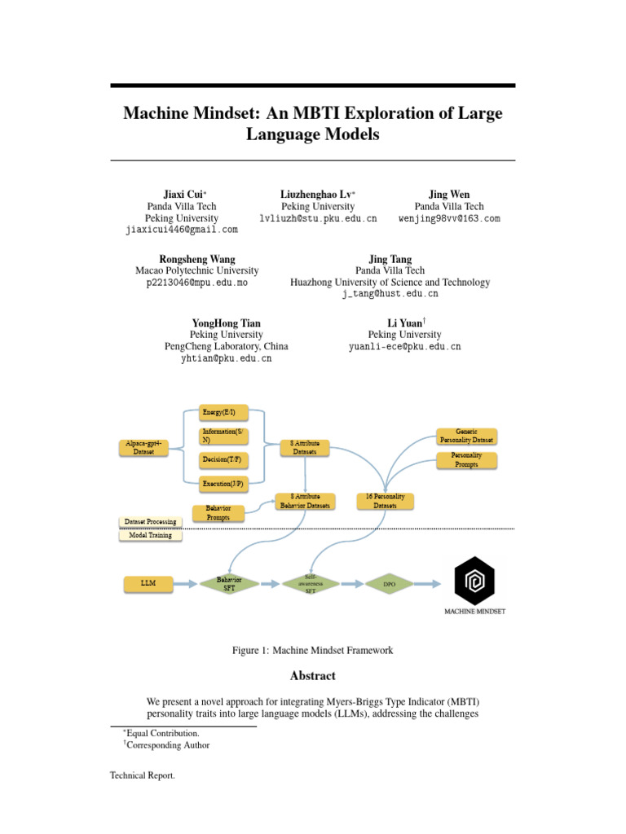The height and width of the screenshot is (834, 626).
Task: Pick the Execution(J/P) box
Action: point(223,484)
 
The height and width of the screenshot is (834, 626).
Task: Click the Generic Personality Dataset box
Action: point(467,436)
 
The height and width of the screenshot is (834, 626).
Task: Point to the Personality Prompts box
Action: point(467,460)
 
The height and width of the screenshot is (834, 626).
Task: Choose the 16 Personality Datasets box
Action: point(386,501)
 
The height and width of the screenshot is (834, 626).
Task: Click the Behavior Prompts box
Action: point(218,513)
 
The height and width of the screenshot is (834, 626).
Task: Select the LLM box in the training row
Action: point(148,583)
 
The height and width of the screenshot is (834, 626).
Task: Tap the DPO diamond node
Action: point(389,584)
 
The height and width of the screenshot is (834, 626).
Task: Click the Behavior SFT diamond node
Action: point(229,583)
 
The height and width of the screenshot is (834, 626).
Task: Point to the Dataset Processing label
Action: point(150,521)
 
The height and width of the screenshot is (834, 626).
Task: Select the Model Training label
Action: point(150,535)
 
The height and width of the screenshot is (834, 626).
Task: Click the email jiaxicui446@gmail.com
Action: point(182,230)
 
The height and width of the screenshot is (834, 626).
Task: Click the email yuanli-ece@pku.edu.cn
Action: point(404,346)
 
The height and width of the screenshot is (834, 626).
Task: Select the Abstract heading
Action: point(312,676)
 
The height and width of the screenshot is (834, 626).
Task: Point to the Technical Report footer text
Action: point(143,776)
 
